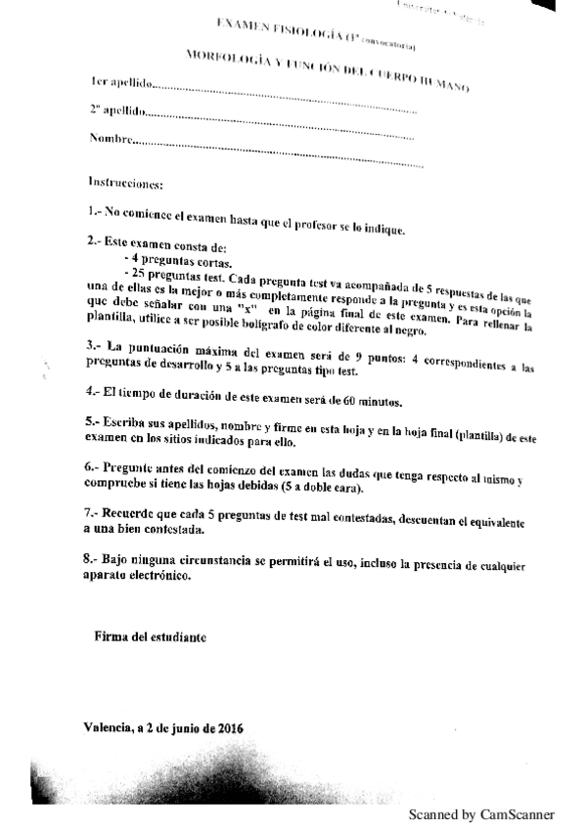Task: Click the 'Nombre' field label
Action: coord(110,139)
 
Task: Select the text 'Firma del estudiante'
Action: coord(150,635)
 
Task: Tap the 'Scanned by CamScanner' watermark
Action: coord(480,814)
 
